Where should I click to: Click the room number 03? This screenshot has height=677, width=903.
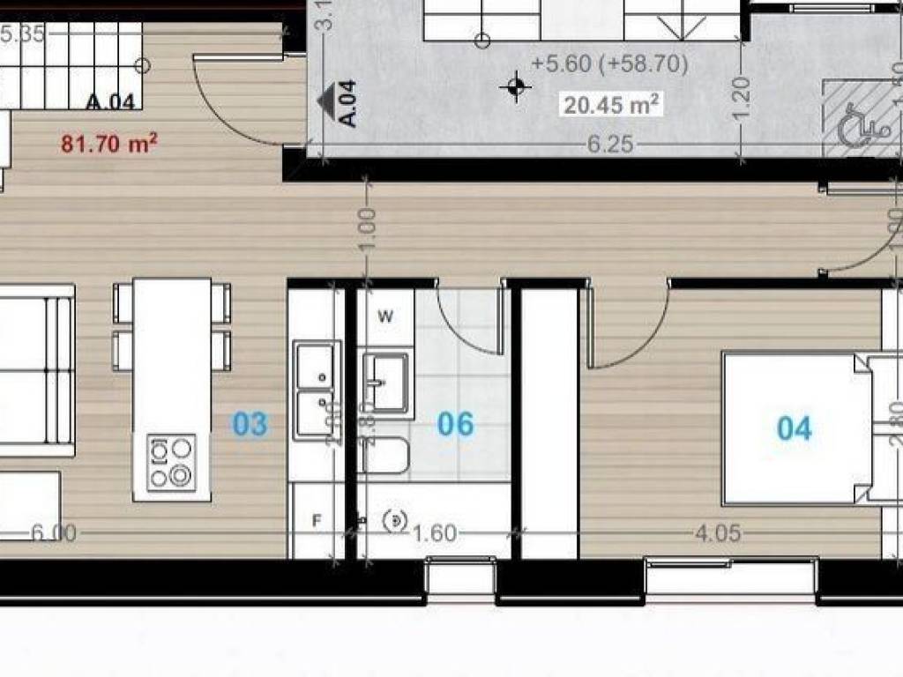tap(250, 424)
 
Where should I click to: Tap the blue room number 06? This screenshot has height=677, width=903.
tap(456, 424)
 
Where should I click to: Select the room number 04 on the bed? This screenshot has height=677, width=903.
tap(794, 428)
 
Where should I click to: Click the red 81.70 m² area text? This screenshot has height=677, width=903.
tap(103, 142)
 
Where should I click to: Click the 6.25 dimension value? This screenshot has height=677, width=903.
tap(610, 145)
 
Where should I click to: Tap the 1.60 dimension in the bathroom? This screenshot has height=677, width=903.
tap(434, 533)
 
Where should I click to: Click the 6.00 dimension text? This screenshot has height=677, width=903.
tap(53, 532)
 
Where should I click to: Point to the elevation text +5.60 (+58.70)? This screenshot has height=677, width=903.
tap(610, 63)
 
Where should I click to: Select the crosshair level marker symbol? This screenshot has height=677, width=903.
tap(515, 86)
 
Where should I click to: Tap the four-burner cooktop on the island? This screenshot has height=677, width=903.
tap(171, 462)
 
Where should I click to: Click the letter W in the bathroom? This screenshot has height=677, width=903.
tap(385, 316)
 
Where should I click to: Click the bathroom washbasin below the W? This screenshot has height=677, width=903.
tap(386, 382)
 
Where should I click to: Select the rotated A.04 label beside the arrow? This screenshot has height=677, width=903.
tap(348, 104)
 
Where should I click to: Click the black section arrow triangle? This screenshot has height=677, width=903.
tap(328, 93)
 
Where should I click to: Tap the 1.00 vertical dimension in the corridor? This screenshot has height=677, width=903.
tap(368, 227)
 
